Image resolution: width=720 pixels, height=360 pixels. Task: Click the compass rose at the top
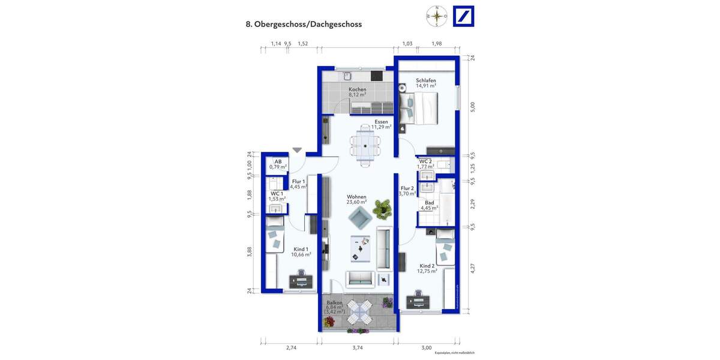pos(437,16)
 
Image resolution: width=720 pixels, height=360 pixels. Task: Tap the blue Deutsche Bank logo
pos(463,16)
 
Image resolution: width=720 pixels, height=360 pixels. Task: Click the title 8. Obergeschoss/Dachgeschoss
pos(304,25)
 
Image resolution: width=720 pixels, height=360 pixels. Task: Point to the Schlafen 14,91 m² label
pos(425,83)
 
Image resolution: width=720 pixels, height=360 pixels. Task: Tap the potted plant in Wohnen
pos(382,209)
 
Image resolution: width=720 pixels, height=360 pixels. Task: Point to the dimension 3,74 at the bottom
pos(358,347)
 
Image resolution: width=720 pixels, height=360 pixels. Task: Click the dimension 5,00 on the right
pos(472,106)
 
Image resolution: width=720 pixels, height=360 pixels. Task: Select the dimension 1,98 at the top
pos(437,43)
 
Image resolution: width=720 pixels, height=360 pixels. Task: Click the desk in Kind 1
pos(301,281)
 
